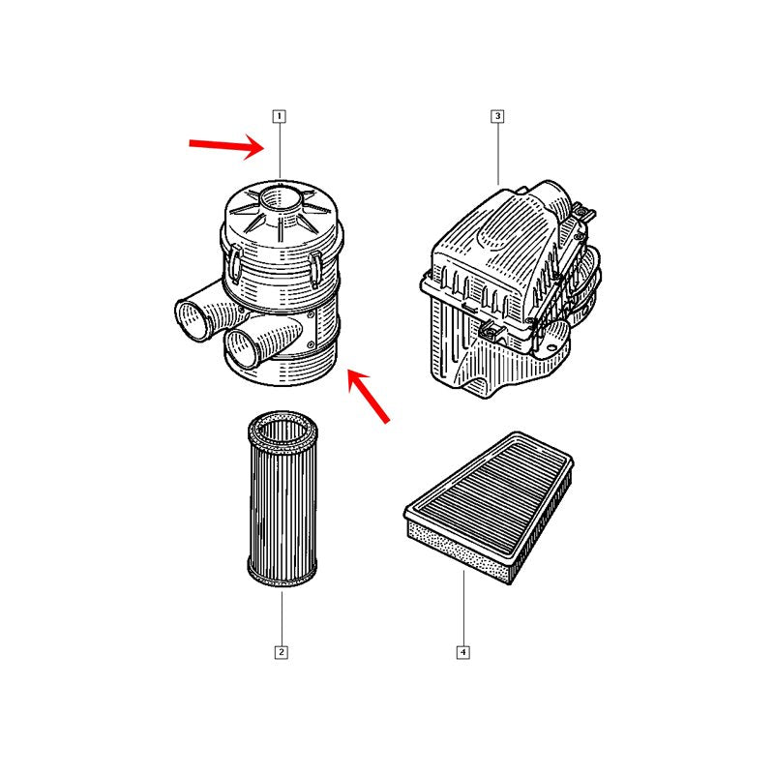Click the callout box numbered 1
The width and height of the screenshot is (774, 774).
click(x=280, y=116)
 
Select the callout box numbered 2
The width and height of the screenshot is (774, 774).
click(x=282, y=652)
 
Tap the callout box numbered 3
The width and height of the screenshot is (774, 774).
click(x=497, y=116)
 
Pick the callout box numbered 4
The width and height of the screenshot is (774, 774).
click(x=463, y=652)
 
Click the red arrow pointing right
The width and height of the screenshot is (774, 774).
click(x=227, y=144)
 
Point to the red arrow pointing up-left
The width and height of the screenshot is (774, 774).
click(x=369, y=396)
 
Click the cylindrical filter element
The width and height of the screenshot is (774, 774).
click(x=283, y=498)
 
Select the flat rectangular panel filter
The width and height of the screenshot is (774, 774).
click(x=490, y=507)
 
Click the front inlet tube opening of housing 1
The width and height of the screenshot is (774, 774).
click(x=243, y=349)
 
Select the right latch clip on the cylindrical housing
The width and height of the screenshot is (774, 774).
click(x=315, y=269)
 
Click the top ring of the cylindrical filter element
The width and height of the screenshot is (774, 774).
click(x=283, y=429)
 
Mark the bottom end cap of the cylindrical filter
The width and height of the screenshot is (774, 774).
click(x=282, y=575)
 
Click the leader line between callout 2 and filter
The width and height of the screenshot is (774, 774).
click(x=282, y=618)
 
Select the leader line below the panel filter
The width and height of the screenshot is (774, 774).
click(x=463, y=609)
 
